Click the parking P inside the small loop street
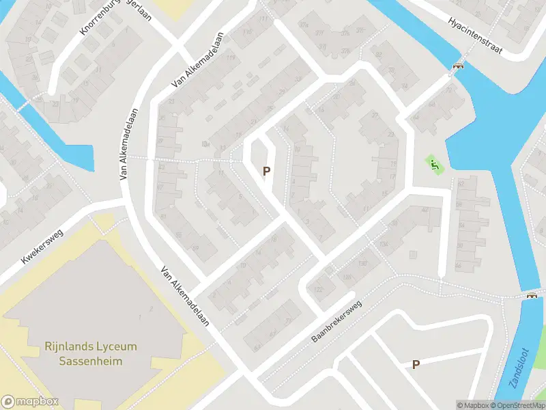tap(267, 171)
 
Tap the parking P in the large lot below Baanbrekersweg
tap(415, 364)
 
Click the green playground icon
tap(433, 165)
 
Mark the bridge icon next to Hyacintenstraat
tap(459, 66)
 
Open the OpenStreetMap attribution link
tap(517, 405)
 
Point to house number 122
tap(317, 290)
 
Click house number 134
tap(383, 245)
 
